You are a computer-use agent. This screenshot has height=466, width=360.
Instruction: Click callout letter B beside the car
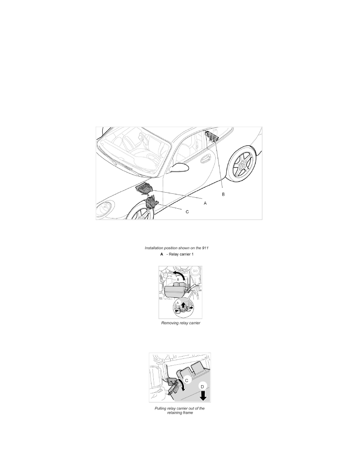[x=224, y=194]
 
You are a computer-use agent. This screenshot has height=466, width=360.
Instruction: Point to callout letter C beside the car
[x=187, y=212]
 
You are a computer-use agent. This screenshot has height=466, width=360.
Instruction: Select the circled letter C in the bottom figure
[x=187, y=380]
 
